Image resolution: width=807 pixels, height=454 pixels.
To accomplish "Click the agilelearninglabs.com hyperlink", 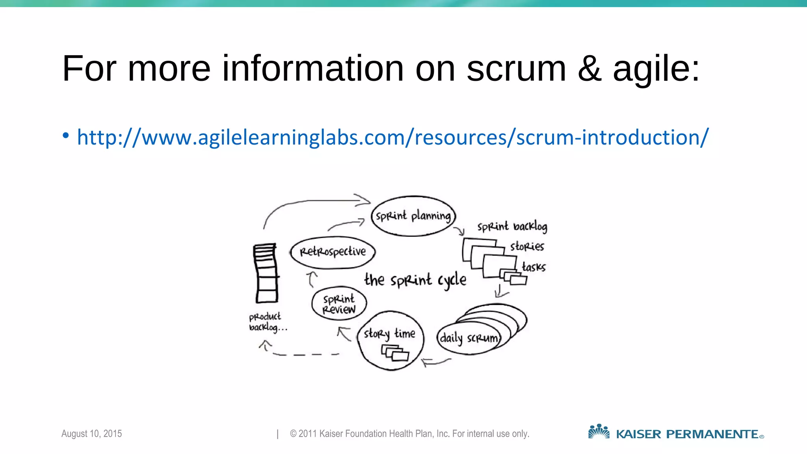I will (392, 138).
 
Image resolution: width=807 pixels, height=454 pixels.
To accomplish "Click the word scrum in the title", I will (516, 69).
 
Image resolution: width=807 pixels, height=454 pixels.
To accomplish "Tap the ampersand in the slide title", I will (589, 69).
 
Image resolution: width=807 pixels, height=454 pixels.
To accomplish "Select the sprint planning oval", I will (413, 216).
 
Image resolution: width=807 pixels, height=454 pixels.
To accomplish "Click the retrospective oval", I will (333, 252).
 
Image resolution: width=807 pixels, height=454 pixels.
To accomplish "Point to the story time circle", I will (390, 340).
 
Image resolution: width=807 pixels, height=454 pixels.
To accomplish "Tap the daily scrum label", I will (469, 338).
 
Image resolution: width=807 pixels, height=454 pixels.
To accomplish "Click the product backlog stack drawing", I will (265, 273).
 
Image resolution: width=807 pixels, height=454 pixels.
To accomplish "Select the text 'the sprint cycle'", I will (415, 280).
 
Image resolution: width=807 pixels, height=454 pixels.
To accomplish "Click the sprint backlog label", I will (512, 227).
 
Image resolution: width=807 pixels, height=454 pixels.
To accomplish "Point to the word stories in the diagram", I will (527, 247).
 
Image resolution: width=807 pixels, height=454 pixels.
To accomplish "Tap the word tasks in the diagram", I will (534, 267).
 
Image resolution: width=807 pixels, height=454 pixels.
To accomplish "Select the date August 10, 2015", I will (91, 434).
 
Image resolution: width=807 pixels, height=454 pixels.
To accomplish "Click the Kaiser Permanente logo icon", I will (599, 432).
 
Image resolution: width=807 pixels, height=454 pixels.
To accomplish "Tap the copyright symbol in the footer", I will (293, 434).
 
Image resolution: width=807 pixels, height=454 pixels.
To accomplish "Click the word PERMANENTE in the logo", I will (712, 434).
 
